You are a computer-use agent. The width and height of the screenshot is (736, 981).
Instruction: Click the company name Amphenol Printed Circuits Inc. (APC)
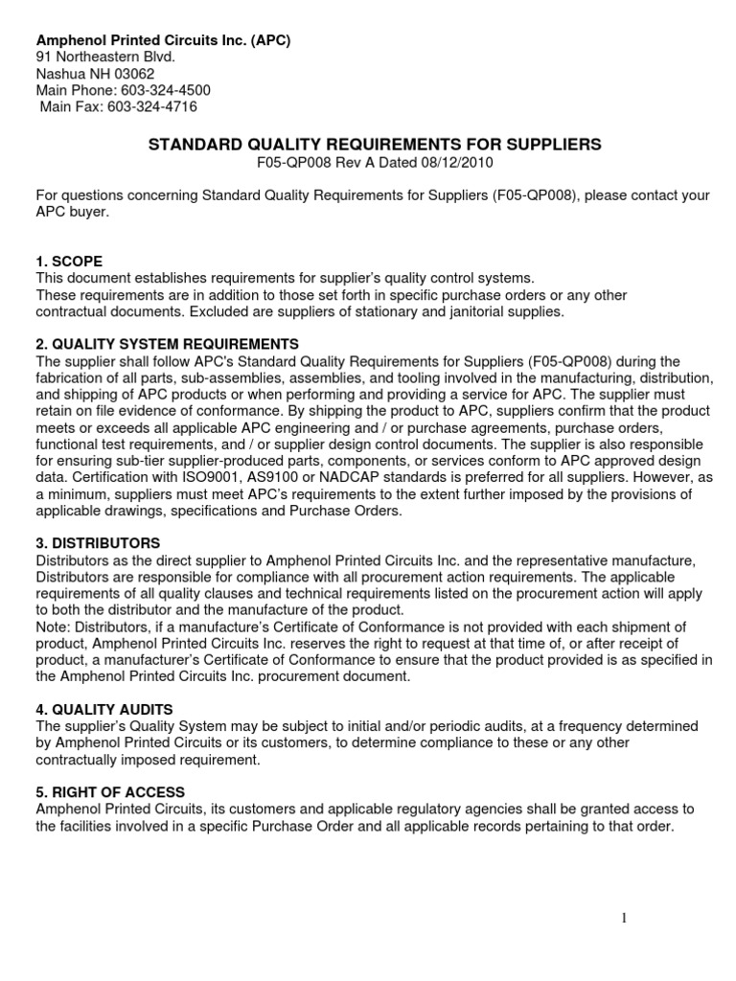[x=163, y=40]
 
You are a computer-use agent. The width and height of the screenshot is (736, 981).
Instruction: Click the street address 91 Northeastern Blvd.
[x=105, y=57]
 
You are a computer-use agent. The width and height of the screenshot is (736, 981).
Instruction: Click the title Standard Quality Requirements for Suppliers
[x=374, y=144]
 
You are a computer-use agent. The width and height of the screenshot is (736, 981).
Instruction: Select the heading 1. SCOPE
[x=69, y=261]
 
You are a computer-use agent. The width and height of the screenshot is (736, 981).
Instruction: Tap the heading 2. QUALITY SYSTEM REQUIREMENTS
[x=167, y=344]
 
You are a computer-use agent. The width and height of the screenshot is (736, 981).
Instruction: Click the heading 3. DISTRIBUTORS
[x=98, y=543]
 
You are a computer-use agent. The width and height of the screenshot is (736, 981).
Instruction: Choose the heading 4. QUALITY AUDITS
[x=104, y=710]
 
